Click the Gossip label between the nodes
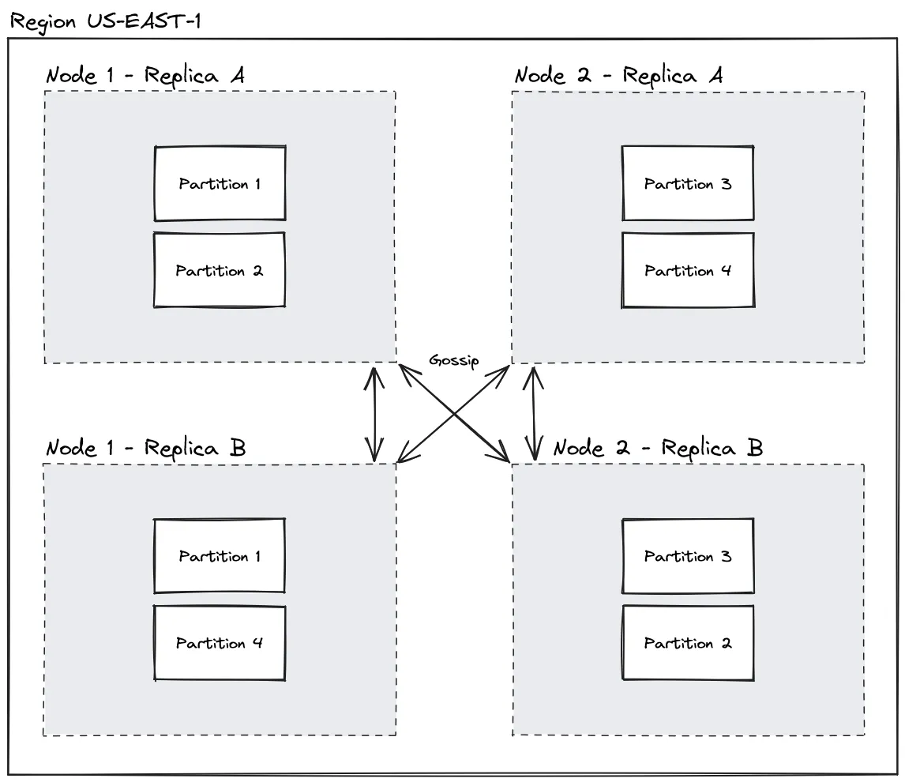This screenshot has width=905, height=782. tap(453, 360)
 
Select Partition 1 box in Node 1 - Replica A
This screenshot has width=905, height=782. tap(220, 184)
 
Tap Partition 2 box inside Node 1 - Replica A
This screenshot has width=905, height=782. tap(220, 270)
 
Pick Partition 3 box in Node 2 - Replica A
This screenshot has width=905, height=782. tap(688, 184)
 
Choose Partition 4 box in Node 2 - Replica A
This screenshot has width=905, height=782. tap(688, 270)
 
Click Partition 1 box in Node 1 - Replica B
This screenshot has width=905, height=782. tap(220, 556)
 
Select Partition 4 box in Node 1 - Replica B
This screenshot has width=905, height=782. tap(220, 643)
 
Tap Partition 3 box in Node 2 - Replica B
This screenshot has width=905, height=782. tap(688, 556)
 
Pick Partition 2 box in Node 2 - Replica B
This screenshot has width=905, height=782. tap(688, 643)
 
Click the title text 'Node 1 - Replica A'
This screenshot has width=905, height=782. tap(145, 76)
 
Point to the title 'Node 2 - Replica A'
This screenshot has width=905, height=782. tap(618, 76)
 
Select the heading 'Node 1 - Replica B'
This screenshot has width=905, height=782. tap(146, 448)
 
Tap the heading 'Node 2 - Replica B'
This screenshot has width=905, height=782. tap(657, 448)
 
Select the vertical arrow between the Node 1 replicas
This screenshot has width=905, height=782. tap(374, 412)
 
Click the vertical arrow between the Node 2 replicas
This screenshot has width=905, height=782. tap(535, 412)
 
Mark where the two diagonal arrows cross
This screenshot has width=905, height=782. tap(454, 413)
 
